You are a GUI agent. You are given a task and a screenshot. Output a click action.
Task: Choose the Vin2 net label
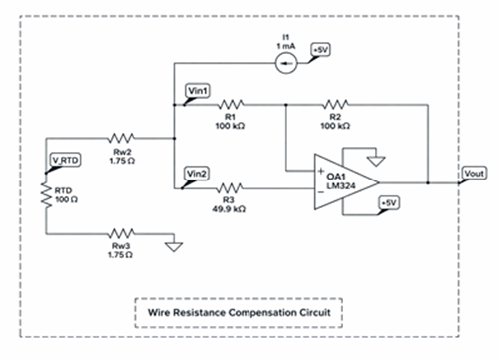click(199, 174)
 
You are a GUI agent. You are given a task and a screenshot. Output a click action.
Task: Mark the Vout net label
click(474, 174)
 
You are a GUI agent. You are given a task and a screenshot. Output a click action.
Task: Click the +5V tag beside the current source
click(321, 49)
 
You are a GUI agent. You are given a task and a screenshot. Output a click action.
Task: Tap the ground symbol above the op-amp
click(374, 158)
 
